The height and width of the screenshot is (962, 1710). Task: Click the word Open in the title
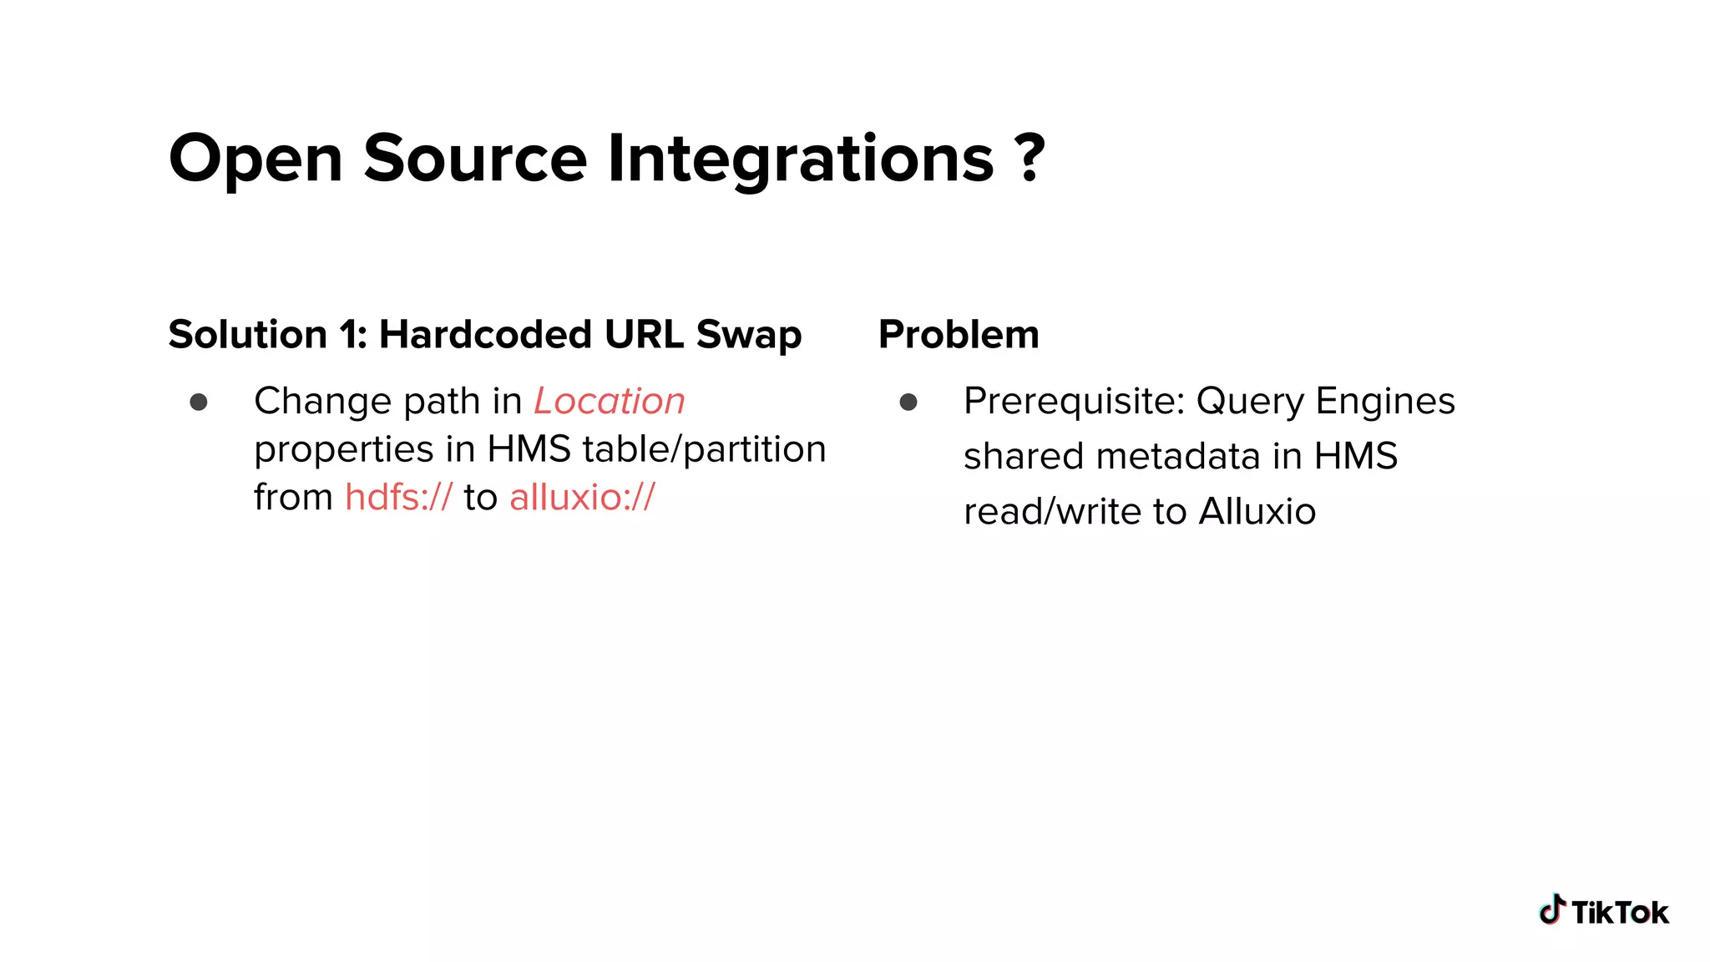click(x=255, y=158)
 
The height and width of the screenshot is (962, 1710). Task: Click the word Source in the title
click(x=475, y=158)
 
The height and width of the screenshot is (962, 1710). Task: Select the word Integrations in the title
click(x=801, y=158)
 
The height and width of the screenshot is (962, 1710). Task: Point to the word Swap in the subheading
click(x=748, y=335)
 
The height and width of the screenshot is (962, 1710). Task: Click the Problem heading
click(x=959, y=335)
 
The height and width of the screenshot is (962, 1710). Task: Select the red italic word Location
click(x=610, y=402)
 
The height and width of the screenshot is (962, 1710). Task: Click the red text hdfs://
click(x=398, y=498)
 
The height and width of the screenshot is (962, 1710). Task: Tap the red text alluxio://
click(x=582, y=498)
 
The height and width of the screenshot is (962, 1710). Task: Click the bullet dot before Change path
click(x=199, y=403)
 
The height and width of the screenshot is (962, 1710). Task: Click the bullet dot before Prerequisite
click(x=908, y=403)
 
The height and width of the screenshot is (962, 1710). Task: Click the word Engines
click(x=1385, y=402)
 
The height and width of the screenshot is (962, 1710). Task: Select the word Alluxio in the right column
click(x=1257, y=512)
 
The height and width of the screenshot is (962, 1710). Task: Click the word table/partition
click(x=704, y=449)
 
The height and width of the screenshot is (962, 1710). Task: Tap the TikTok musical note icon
click(x=1552, y=909)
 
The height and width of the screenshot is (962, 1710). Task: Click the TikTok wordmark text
click(x=1620, y=913)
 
